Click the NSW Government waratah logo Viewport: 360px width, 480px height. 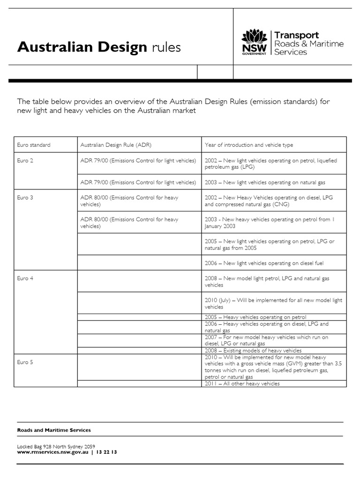point(254,42)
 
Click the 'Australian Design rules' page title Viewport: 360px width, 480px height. point(99,47)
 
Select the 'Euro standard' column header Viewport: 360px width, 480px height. point(33,145)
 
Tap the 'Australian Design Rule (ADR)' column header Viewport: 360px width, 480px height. point(116,145)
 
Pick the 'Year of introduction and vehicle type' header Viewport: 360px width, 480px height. point(249,145)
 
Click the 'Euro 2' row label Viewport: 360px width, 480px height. point(25,160)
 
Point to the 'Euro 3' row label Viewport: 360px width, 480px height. point(25,197)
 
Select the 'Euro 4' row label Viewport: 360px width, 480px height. point(25,278)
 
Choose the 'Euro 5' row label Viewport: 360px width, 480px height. point(25,362)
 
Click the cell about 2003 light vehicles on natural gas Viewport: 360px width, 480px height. point(265,182)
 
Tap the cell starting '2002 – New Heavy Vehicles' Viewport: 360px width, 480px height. point(269,201)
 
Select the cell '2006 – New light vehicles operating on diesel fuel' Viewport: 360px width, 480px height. point(264,263)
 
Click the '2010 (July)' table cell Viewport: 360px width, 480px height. point(273,303)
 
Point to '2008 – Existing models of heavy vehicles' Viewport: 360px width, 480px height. point(253,351)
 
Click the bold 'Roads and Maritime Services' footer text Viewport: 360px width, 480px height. point(54,430)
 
